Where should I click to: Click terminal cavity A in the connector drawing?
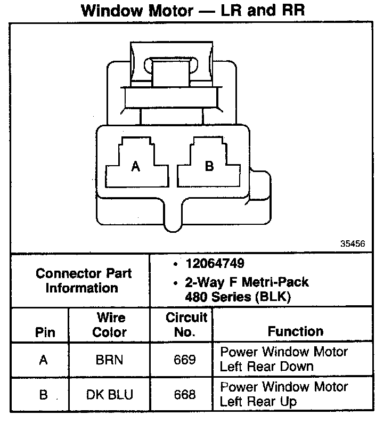pos(136,166)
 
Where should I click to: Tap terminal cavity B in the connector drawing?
pos(209,166)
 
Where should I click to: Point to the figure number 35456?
pos(352,244)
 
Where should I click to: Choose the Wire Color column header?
pos(110,325)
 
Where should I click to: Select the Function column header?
pos(295,331)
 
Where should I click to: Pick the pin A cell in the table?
pos(44,360)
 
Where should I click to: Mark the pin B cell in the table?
pos(44,395)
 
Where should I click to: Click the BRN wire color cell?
pos(109,360)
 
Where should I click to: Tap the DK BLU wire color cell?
pos(109,395)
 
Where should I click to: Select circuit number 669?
pos(184,360)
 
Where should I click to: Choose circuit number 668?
pos(184,395)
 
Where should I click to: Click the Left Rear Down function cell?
pos(283,359)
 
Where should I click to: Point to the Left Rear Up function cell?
pos(283,394)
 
